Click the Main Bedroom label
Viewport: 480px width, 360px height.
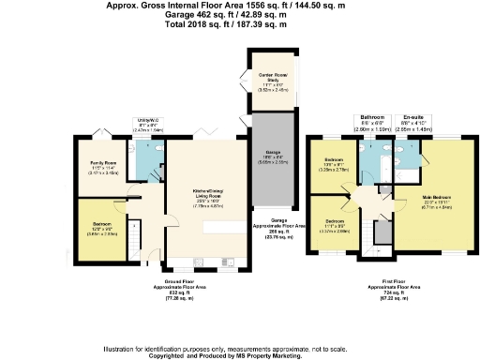(x=418, y=196)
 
